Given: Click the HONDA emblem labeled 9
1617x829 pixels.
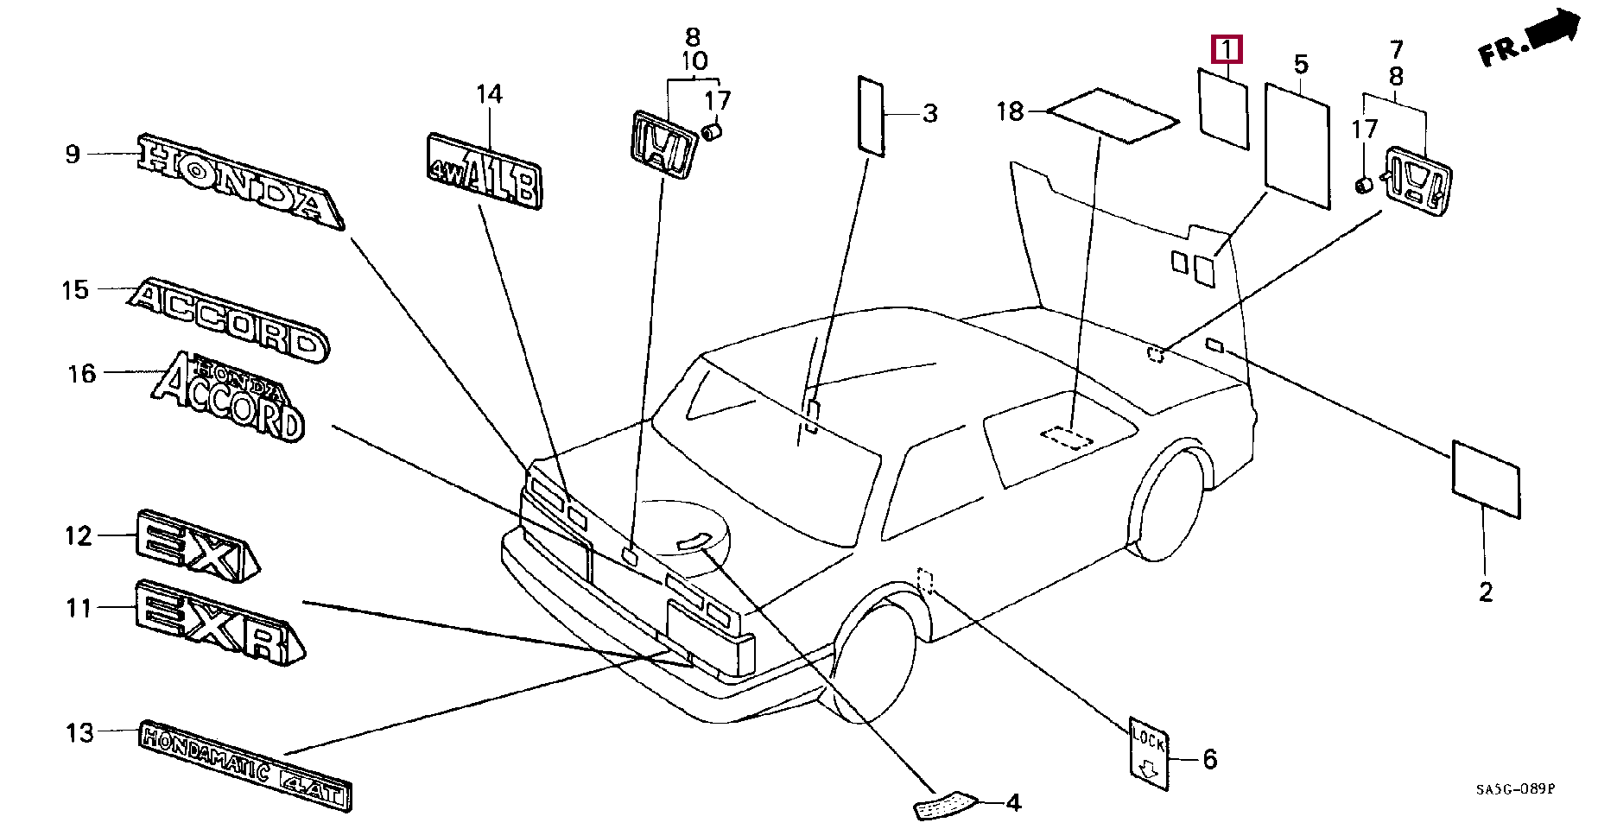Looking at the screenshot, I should pos(240,181).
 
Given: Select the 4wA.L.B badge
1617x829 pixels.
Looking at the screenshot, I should pos(485,172).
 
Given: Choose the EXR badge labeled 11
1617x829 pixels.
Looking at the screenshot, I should pos(219,622).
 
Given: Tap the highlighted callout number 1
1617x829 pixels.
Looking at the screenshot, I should pos(1227,50).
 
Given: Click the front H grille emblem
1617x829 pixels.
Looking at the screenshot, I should pos(663,144).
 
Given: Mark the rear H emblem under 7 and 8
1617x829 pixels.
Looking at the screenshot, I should pos(1417,181).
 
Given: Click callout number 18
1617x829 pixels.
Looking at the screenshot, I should pos(1009,111).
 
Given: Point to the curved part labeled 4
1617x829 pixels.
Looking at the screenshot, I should pos(944,806).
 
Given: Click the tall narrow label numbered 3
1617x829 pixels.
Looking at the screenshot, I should pos(871,116).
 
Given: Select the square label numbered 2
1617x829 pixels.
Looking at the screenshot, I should pos(1486,479).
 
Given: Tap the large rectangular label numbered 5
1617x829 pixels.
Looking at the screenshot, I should pos(1297,145).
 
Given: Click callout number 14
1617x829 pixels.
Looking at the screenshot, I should pos(489,93).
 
